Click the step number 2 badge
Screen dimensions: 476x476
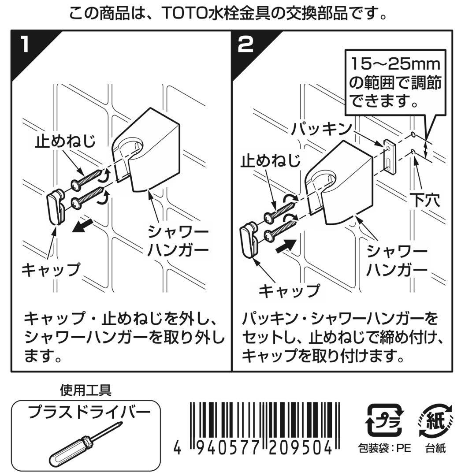[245, 45]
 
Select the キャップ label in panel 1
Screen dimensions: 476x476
[51, 269]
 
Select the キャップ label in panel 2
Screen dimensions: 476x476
[288, 290]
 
